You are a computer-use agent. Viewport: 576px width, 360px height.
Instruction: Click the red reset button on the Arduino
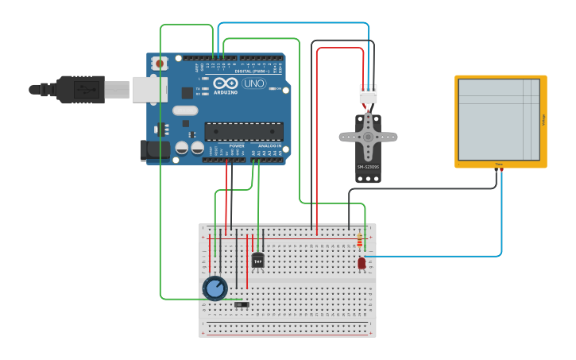160,63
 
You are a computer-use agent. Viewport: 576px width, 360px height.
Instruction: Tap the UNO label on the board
253,83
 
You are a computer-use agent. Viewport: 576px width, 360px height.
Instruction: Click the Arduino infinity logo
225,83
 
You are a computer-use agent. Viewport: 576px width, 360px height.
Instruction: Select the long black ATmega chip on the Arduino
243,131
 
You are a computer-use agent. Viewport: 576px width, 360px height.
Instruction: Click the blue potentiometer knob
215,288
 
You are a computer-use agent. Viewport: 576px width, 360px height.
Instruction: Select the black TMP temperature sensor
257,260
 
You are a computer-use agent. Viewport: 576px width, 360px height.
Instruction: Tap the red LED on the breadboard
361,263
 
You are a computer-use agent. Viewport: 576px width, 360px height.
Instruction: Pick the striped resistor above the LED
360,239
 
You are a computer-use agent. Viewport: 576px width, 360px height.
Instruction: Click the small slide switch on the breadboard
242,304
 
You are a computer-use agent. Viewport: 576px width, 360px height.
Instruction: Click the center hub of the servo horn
368,137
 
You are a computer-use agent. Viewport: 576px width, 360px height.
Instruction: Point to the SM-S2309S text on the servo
368,167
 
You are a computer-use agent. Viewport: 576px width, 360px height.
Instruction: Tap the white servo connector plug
368,94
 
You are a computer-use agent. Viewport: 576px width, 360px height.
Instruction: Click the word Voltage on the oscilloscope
543,120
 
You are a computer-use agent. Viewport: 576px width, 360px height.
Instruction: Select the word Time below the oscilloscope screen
499,165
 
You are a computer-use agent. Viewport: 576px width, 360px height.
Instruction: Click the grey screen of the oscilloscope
498,120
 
